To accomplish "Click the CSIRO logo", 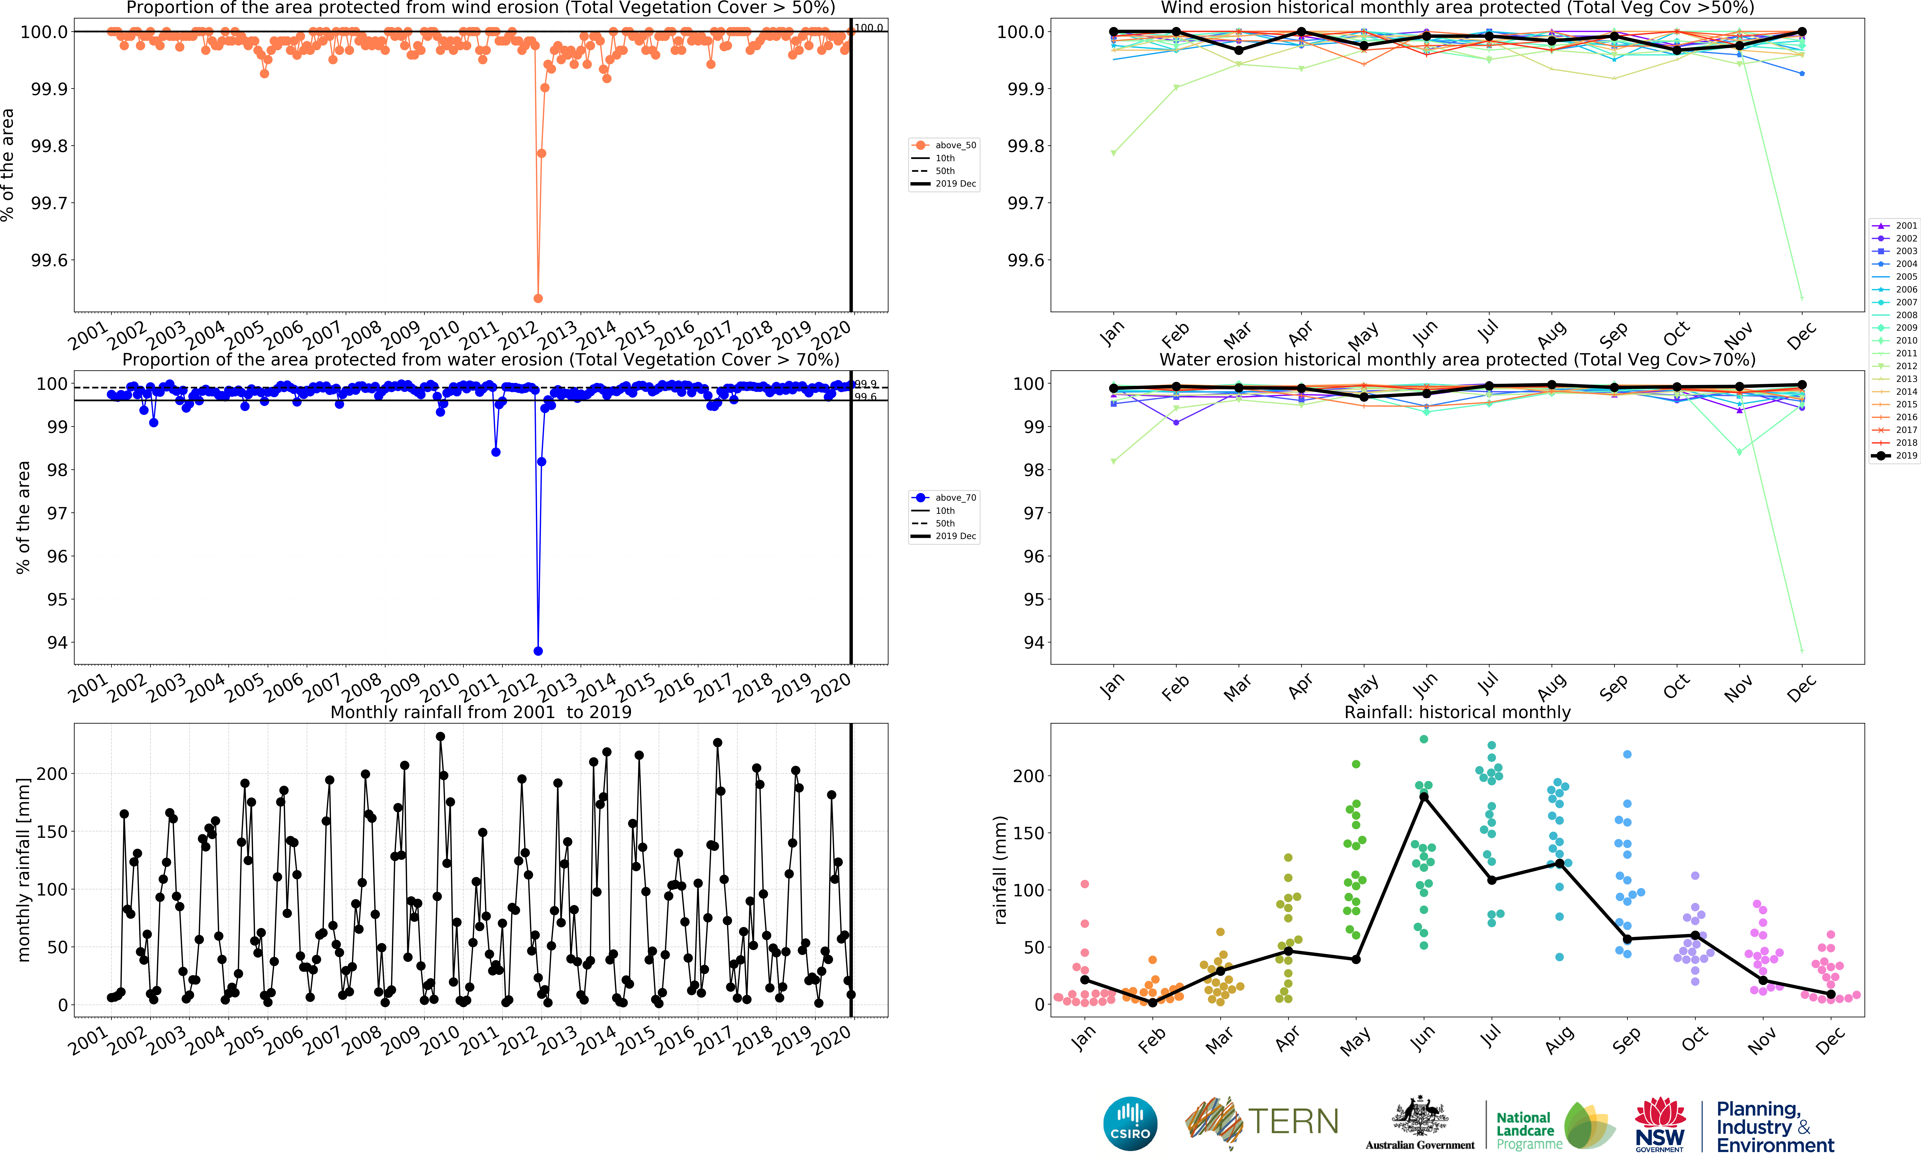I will tap(1130, 1123).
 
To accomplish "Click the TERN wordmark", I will tap(1293, 1122).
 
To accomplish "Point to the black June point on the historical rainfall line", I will tap(1424, 797).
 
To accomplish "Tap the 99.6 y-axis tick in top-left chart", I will tap(49, 260).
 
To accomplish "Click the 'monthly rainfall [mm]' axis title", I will tap(23, 869).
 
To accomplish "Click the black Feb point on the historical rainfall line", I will tap(1152, 1002).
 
